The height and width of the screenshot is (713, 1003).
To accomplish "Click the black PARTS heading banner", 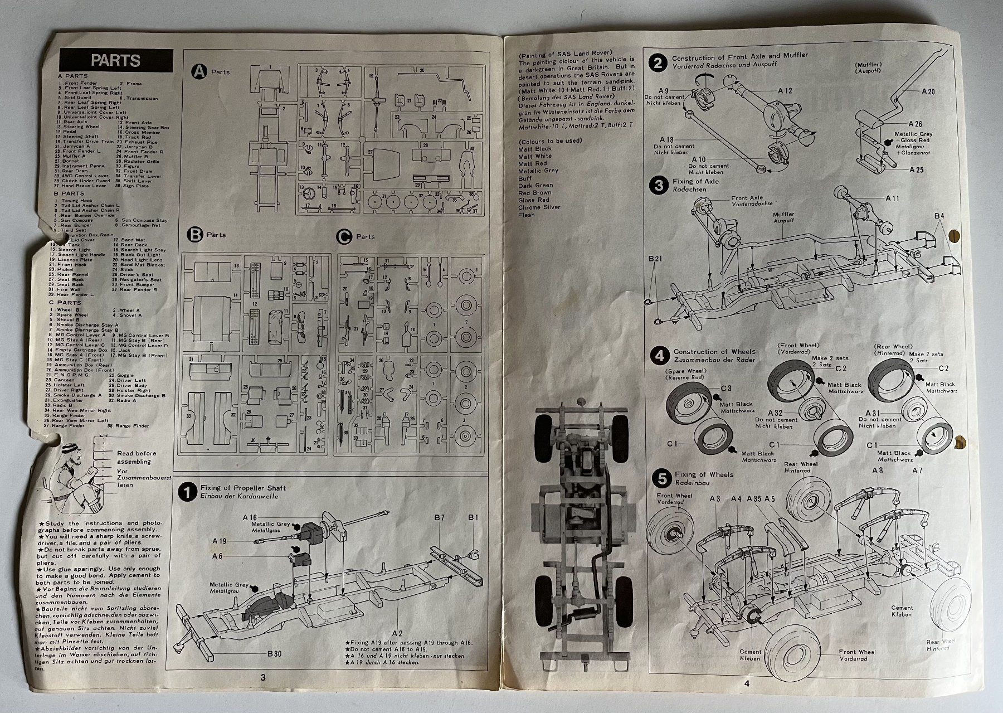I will coord(116,60).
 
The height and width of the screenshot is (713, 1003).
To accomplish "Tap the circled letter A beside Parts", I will coord(198,71).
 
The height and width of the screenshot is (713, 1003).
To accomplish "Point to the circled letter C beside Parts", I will coord(345,236).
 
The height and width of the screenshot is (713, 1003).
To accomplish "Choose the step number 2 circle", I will coord(658,62).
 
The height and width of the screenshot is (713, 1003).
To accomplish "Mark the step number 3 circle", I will coord(660,186).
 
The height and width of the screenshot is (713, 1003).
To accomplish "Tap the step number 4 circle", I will coord(660,355).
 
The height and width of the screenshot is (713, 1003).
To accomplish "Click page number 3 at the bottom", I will coord(262,677).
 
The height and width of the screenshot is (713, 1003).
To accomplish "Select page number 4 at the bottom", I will coord(746,683).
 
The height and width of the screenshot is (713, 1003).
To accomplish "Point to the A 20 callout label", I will coord(928,91).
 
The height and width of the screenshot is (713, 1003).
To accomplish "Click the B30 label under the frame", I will coord(274,653).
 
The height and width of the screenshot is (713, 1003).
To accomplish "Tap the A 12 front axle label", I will coord(785,90).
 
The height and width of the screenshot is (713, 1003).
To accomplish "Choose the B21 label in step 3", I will coord(655,259).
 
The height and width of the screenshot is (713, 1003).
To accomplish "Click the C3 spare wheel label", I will coord(726,388).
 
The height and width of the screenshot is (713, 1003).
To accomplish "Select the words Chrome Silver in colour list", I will coord(539,207).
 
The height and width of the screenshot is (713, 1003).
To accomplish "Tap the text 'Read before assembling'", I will coord(137,457).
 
